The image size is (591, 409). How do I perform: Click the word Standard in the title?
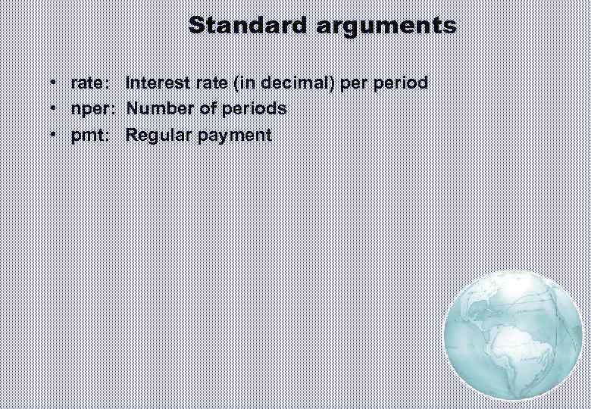249,25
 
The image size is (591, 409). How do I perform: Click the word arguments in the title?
386,26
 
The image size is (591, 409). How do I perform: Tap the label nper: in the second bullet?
93,109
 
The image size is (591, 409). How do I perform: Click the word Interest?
155,83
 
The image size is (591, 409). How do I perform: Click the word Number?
157,108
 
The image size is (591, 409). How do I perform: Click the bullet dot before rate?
54,83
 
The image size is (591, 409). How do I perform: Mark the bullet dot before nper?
54,109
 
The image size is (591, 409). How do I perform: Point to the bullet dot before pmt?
54,136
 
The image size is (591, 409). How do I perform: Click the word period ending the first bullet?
402,83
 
